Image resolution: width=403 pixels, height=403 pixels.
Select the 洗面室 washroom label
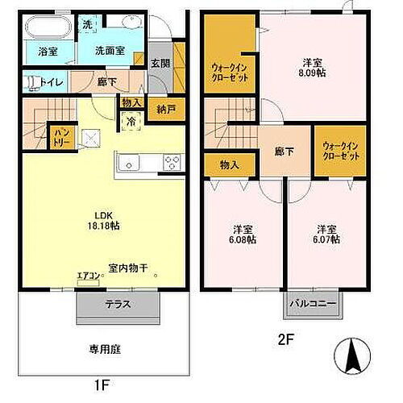pyautogui.click(x=111, y=50)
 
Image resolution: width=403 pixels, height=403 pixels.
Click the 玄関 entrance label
pyautogui.click(x=160, y=63)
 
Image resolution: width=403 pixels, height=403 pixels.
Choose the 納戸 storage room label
pyautogui.click(x=166, y=109)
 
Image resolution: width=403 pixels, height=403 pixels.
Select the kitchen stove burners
pyautogui.click(x=172, y=162)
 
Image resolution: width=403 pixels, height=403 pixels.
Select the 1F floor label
pyautogui.click(x=102, y=386)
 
